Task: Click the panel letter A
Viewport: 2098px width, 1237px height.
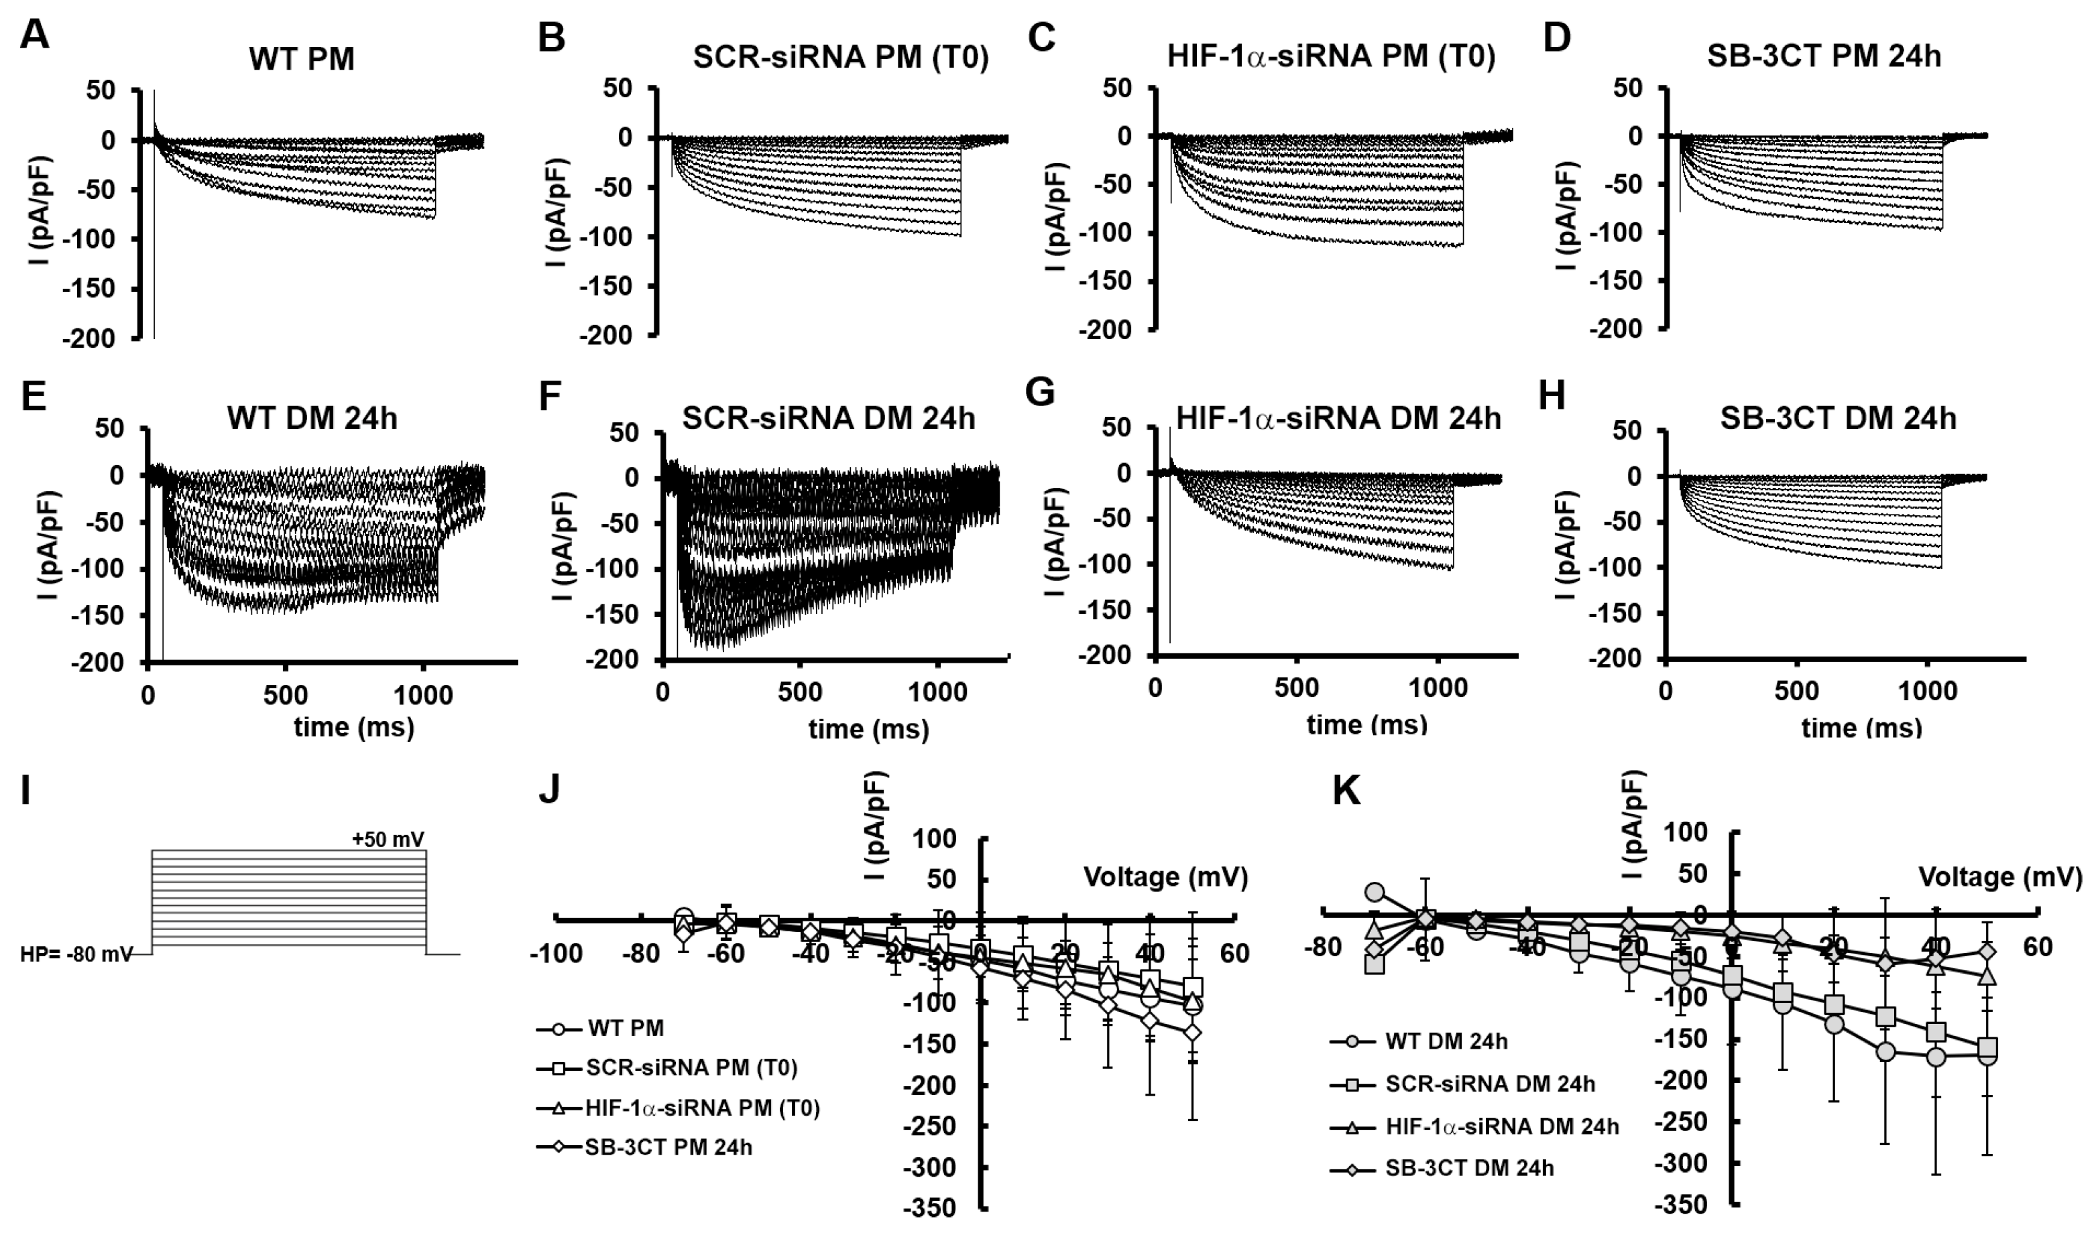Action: point(34,36)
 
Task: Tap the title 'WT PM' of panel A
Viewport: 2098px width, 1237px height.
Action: point(301,59)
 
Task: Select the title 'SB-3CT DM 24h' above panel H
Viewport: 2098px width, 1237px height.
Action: point(1838,417)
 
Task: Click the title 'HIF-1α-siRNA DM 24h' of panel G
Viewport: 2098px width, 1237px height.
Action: point(1338,417)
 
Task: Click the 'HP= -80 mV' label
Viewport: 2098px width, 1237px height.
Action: point(76,954)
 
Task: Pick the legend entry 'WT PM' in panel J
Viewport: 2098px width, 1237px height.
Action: point(626,1028)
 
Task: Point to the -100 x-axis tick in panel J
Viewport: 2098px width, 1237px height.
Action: point(555,954)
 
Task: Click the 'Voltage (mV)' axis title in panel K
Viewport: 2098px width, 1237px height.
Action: point(1999,877)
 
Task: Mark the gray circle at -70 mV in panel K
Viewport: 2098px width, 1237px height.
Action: point(1375,893)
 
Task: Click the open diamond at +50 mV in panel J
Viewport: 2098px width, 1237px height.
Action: point(1192,1032)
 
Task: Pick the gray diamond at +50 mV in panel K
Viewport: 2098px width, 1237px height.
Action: point(1987,951)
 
